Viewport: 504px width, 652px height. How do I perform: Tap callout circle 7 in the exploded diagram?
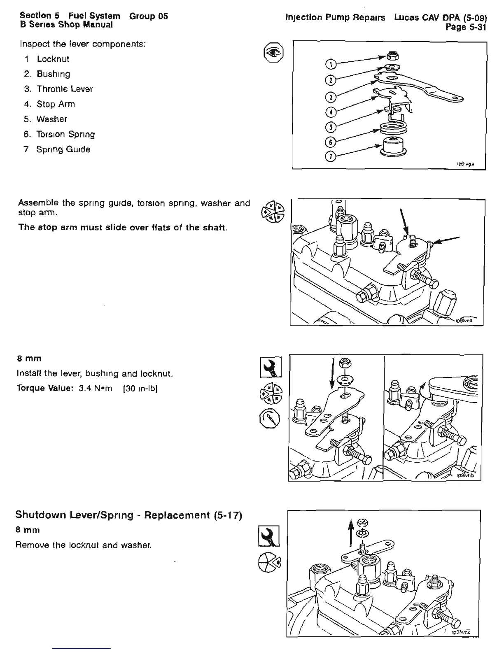pos(330,157)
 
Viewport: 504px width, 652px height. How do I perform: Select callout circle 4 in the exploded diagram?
pos(330,112)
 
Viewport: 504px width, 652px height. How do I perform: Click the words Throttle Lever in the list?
pos(65,89)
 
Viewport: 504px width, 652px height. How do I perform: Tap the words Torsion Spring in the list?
pos(66,134)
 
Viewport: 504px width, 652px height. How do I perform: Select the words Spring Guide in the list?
pos(63,149)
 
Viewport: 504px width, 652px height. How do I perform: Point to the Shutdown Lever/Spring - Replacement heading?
pos(129,515)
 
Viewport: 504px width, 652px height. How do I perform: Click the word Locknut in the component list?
pos(53,59)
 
